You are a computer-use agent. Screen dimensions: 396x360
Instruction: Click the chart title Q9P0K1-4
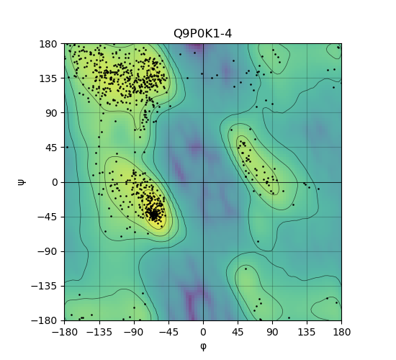[202, 34]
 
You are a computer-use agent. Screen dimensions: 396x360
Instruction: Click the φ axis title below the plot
[203, 346]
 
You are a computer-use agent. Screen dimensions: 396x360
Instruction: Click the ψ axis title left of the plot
[22, 182]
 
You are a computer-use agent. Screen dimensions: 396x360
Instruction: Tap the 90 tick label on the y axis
[51, 113]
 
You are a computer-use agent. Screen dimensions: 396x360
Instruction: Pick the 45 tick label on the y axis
[51, 148]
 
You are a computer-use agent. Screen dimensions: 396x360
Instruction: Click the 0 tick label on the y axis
[55, 182]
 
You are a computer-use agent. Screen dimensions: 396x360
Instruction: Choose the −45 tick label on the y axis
[48, 217]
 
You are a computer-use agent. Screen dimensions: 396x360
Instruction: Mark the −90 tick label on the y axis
[48, 251]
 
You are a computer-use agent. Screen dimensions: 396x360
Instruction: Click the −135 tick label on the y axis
[44, 286]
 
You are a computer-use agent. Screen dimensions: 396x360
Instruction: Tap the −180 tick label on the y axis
[44, 320]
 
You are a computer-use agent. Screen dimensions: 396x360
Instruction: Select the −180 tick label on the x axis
[65, 332]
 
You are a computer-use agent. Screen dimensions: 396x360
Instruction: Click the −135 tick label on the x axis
[99, 332]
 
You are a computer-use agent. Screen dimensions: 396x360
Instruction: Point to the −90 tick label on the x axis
[134, 332]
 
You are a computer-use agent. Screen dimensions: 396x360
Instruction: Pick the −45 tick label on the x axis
[168, 332]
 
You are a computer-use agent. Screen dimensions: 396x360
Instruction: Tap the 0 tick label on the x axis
[203, 332]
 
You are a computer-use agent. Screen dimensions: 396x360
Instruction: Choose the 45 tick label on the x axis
[238, 332]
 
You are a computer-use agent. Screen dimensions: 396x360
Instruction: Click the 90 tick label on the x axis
[272, 332]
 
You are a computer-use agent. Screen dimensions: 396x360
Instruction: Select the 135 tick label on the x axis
[307, 332]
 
